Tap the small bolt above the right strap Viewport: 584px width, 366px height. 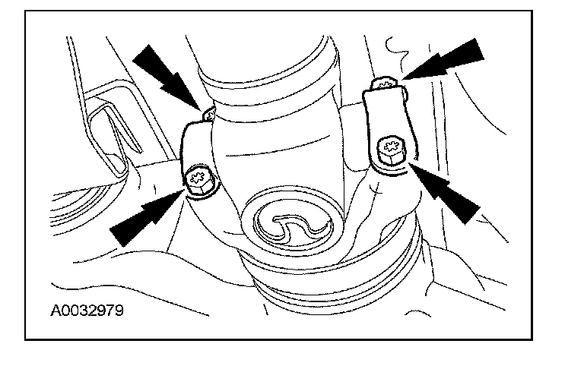(x=387, y=83)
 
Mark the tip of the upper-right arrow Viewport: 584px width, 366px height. (x=402, y=78)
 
